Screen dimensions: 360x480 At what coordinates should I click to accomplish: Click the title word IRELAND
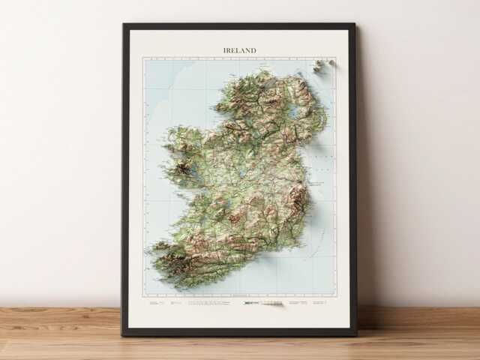pyautogui.click(x=239, y=50)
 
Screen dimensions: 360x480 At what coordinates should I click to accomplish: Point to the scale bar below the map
pyautogui.click(x=253, y=303)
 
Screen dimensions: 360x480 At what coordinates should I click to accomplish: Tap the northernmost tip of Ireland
pyautogui.click(x=263, y=70)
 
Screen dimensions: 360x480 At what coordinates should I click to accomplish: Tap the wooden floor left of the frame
pyautogui.click(x=60, y=330)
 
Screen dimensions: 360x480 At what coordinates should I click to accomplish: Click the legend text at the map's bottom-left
pyautogui.click(x=161, y=303)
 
